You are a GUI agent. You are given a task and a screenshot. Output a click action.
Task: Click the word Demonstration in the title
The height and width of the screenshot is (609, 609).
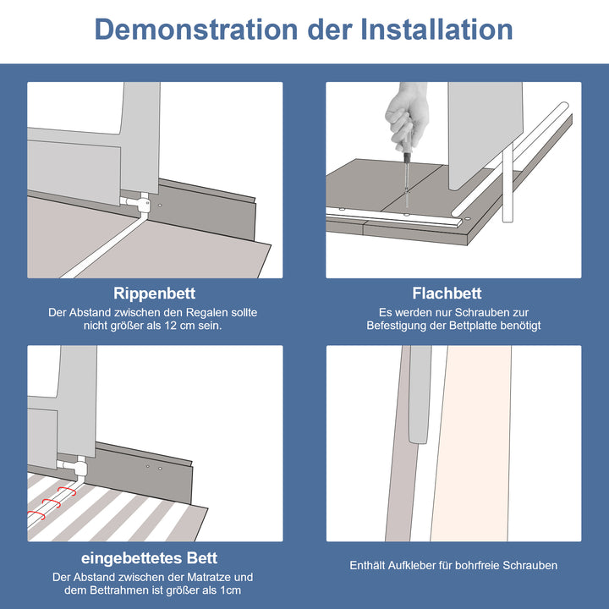coord(196,29)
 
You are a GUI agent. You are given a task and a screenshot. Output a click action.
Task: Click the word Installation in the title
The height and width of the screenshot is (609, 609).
coord(437,29)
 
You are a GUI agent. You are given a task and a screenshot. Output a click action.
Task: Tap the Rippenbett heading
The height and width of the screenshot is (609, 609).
coord(154,294)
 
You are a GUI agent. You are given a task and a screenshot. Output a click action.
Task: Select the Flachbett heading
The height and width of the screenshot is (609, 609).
coord(447,294)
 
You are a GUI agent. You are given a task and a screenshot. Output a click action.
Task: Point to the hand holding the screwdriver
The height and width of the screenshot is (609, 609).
coord(407,117)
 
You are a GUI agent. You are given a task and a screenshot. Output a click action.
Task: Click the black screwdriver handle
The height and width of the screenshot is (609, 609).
coord(407,158)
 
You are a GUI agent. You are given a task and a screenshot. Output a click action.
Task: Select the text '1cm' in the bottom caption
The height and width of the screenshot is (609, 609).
coord(231,590)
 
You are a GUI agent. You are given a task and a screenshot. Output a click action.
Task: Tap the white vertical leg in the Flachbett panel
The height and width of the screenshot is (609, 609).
coord(507,182)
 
